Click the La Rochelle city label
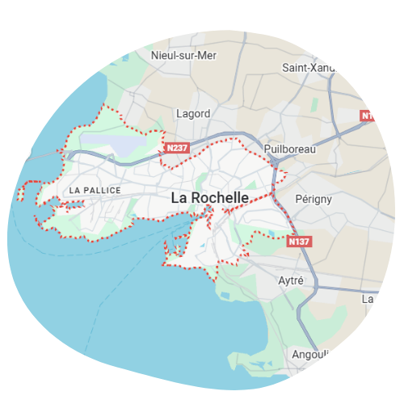point(209,197)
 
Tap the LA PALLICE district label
point(95,191)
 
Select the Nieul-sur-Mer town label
point(185,55)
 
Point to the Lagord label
point(193,114)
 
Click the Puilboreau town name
point(290,149)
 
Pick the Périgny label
point(314,198)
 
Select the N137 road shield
point(299,241)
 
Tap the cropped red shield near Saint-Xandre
point(366,116)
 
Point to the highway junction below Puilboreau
point(276,163)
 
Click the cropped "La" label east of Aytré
point(367,299)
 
